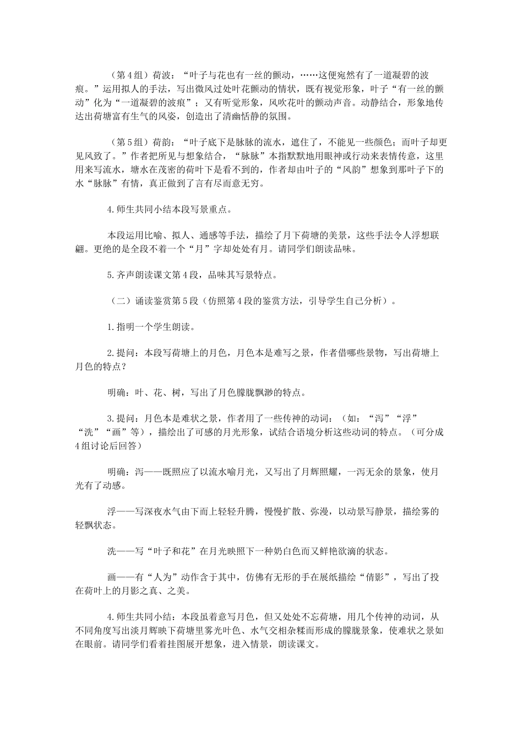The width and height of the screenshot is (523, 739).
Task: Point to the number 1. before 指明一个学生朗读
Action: [111, 327]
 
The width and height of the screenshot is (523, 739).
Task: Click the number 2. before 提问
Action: [111, 354]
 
